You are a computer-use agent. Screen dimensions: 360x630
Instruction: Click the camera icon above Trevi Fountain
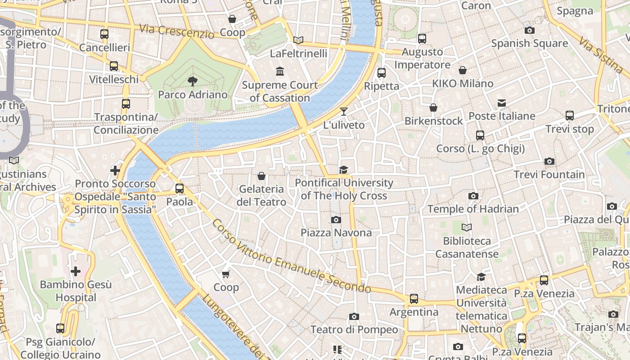[x=549, y=161]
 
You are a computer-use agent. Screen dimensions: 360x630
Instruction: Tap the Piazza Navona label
[x=336, y=233]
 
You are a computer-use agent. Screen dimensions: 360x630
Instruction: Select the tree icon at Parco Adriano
[x=193, y=81]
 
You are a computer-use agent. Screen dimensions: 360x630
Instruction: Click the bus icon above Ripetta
[x=382, y=72]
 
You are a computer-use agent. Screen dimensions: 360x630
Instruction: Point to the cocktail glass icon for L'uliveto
[x=344, y=112]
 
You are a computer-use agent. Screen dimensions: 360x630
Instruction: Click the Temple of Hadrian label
[x=473, y=209]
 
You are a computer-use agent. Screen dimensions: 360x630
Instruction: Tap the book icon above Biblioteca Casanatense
[x=467, y=228]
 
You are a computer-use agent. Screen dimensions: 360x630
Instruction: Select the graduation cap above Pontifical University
[x=344, y=170]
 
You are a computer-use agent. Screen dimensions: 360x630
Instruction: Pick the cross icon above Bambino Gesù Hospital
[x=76, y=271]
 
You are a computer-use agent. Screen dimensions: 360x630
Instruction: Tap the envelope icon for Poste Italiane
[x=502, y=103]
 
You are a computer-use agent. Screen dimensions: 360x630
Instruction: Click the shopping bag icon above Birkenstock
[x=433, y=108]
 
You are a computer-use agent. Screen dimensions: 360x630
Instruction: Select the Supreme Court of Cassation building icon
[x=280, y=72]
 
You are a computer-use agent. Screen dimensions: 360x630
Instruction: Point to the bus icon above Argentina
[x=414, y=298]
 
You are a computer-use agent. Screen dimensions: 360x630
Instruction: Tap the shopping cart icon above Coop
[x=226, y=274]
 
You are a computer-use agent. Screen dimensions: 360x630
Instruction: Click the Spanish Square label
[x=529, y=43]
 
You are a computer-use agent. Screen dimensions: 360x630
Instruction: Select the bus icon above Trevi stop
[x=570, y=116]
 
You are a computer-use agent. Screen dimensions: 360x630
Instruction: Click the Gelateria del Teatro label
[x=261, y=195]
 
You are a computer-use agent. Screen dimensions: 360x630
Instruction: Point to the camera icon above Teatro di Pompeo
[x=354, y=316]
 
